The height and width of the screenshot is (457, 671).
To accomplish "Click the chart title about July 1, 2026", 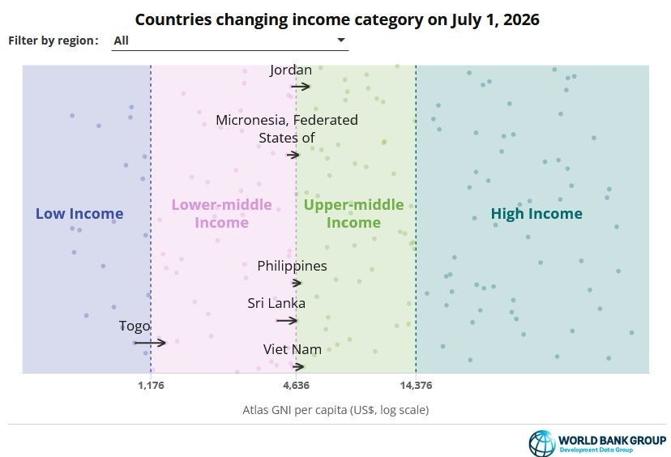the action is click(337, 19).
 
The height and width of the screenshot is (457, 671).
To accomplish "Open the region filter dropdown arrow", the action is click(341, 40).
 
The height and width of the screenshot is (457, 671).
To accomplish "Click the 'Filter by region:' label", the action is click(53, 41).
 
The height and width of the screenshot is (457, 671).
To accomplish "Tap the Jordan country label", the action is click(291, 70).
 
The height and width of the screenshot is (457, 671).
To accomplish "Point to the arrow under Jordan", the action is click(301, 87).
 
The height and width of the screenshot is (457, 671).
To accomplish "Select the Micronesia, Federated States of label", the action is click(287, 129).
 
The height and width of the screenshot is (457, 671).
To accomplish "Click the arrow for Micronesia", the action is click(293, 155).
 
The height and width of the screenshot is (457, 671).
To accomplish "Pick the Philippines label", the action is click(292, 266).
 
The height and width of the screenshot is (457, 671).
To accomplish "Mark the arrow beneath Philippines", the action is click(297, 283).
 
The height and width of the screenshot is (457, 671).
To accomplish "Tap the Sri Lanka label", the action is click(276, 303).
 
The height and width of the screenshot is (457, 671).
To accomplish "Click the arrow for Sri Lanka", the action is click(287, 321).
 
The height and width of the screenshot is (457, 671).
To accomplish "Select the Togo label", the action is click(135, 327).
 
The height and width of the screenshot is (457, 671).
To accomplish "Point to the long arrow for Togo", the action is click(150, 342).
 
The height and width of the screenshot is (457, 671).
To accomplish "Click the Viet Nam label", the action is click(293, 349).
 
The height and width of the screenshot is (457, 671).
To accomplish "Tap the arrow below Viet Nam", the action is click(298, 367).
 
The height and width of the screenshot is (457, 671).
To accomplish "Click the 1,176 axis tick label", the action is click(151, 386).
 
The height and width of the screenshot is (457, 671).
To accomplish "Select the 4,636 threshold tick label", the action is click(296, 386).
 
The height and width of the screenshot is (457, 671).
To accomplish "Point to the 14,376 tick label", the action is click(416, 386).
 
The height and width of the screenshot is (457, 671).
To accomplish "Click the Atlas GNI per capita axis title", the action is click(335, 410).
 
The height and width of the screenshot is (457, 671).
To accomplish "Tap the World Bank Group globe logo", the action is click(542, 443).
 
